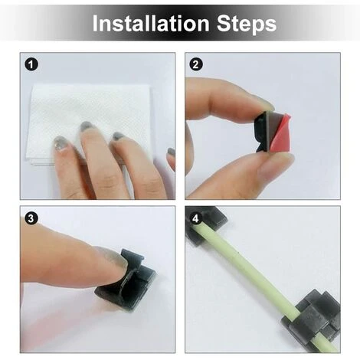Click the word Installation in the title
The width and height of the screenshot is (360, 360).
click(151, 23)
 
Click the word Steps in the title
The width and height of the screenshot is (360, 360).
click(247, 24)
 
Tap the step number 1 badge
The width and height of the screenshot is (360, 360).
click(31, 64)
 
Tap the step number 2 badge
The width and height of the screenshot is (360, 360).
click(196, 64)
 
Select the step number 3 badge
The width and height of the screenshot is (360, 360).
click(31, 219)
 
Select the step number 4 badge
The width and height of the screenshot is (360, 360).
click(196, 219)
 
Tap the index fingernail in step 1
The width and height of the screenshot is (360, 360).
click(60, 143)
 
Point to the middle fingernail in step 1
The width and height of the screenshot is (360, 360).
click(87, 126)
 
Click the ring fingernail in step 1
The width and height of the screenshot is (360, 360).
click(118, 136)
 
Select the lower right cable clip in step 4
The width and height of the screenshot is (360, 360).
click(313, 320)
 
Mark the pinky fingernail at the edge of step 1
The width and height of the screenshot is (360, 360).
click(171, 152)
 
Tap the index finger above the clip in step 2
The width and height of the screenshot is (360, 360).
click(224, 100)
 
